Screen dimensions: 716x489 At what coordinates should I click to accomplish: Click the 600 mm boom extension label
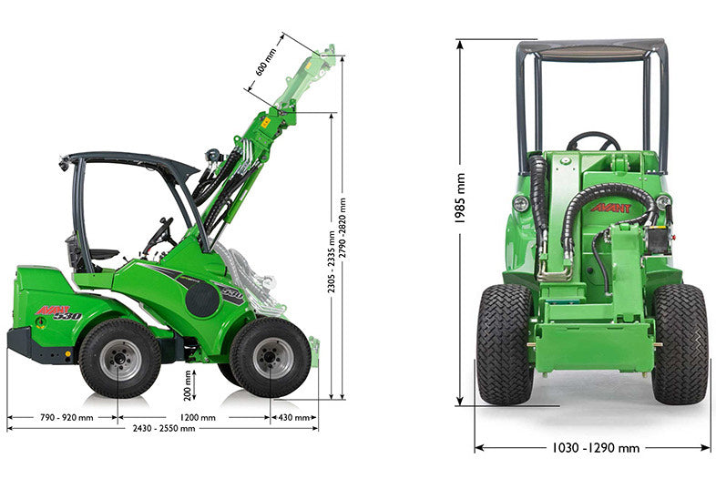click(x=266, y=62)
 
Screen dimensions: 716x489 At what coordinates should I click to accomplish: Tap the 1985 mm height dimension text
click(x=460, y=199)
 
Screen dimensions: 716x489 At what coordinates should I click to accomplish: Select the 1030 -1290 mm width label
click(x=596, y=448)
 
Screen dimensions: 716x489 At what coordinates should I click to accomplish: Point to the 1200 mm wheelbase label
click(x=198, y=417)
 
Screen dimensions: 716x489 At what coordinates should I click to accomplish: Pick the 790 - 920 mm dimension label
click(x=66, y=417)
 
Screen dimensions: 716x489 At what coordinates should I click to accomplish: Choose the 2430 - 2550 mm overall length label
click(x=164, y=428)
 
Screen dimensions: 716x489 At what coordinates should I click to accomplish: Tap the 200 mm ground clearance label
click(x=188, y=386)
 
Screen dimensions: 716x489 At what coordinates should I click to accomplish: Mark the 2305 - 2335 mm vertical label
click(x=332, y=261)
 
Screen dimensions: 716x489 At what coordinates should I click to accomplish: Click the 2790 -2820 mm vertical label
click(x=343, y=229)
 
